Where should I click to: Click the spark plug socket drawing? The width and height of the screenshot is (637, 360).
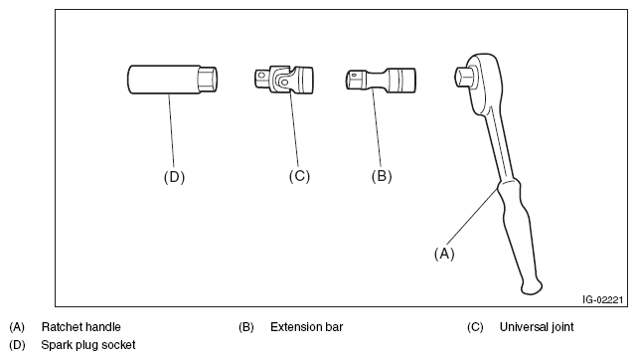pos(172,80)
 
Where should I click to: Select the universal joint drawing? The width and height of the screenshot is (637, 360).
pos(284,80)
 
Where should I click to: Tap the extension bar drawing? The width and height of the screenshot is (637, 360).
pos(381,80)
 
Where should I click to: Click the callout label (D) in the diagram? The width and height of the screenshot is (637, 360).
pos(174,177)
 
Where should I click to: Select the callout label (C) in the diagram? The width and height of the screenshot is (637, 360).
pos(299,176)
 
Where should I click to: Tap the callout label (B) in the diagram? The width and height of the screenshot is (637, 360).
pos(382,176)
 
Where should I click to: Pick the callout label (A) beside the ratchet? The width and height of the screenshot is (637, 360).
pos(444,254)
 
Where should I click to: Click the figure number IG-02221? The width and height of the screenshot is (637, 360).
pos(602,300)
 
